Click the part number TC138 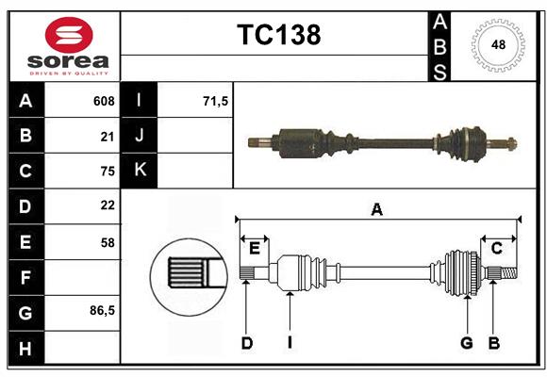click(x=278, y=35)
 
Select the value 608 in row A click(x=104, y=101)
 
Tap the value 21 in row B click(x=107, y=136)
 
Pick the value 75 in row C click(x=107, y=171)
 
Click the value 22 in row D click(x=107, y=205)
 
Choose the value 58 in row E click(x=107, y=241)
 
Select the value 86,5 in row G click(x=102, y=310)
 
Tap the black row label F click(x=25, y=277)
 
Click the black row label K click(x=140, y=171)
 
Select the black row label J click(x=140, y=136)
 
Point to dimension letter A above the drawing click(x=377, y=209)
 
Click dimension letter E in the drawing click(x=255, y=248)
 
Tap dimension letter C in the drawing click(x=496, y=248)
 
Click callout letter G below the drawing click(x=466, y=343)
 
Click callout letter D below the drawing click(x=246, y=343)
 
